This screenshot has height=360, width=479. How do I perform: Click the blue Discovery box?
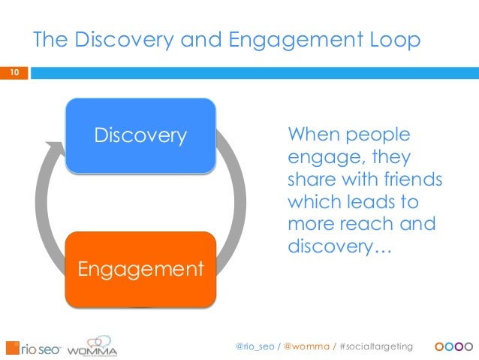click(x=140, y=136)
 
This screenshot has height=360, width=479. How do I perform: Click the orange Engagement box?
click(x=140, y=268)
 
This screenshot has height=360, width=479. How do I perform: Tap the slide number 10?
click(x=13, y=73)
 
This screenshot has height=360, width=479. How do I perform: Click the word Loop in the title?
click(x=392, y=41)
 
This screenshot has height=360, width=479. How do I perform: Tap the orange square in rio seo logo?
click(x=12, y=347)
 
